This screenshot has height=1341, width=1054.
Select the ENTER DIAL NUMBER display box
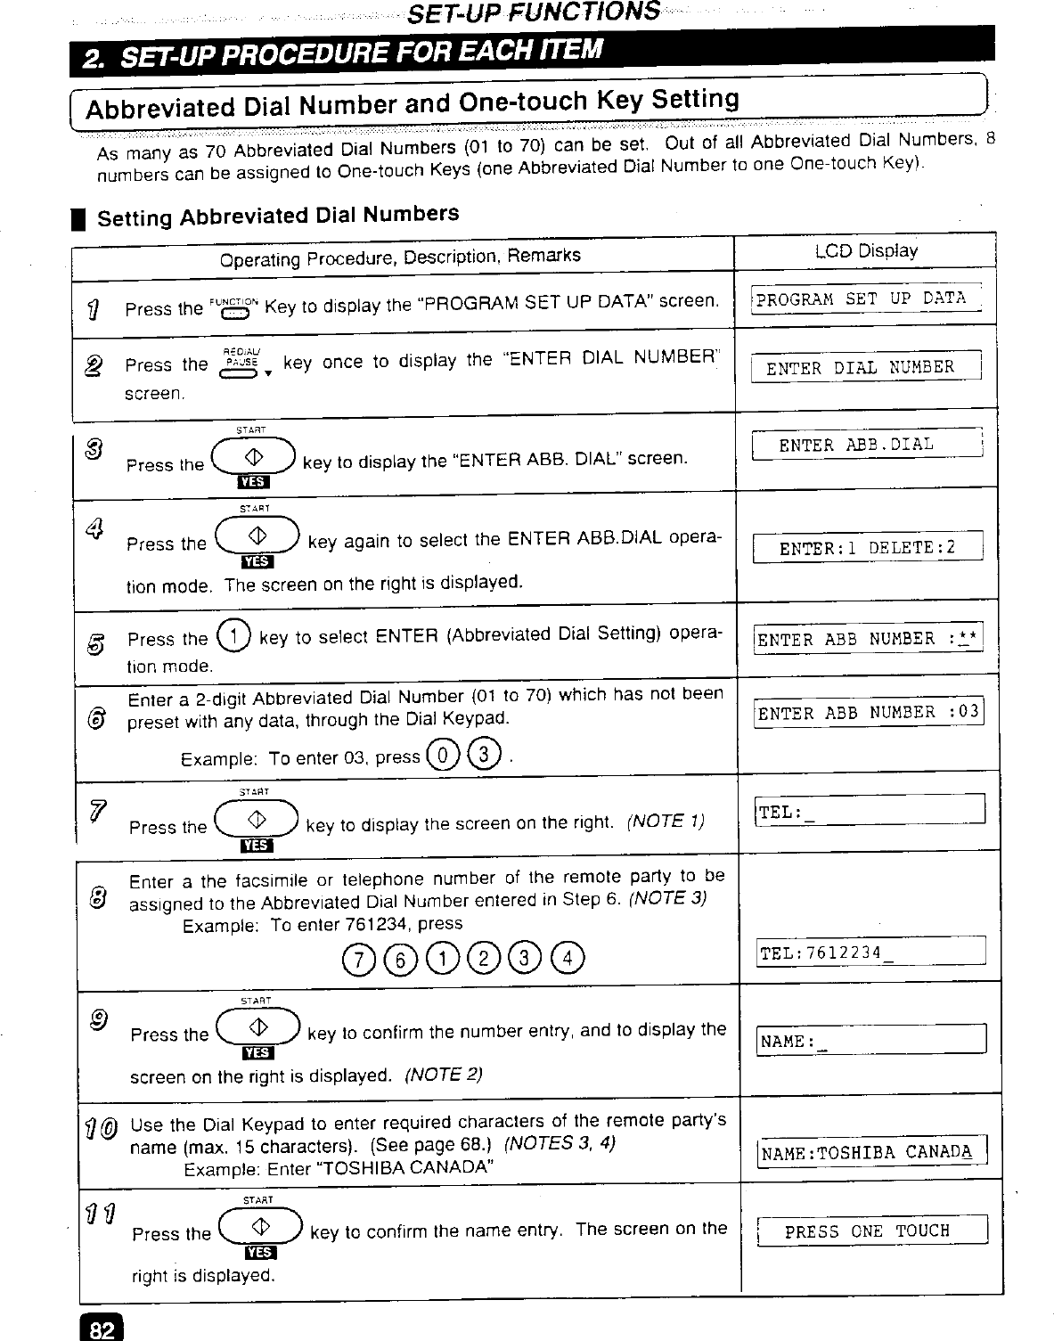[x=864, y=367]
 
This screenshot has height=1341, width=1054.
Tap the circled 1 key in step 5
[x=233, y=639]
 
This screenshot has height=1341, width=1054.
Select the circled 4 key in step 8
[x=568, y=957]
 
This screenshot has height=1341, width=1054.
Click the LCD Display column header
[x=865, y=250]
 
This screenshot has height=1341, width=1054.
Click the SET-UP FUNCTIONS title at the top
[x=533, y=12]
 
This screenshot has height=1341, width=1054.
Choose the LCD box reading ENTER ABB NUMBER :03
[x=868, y=712]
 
